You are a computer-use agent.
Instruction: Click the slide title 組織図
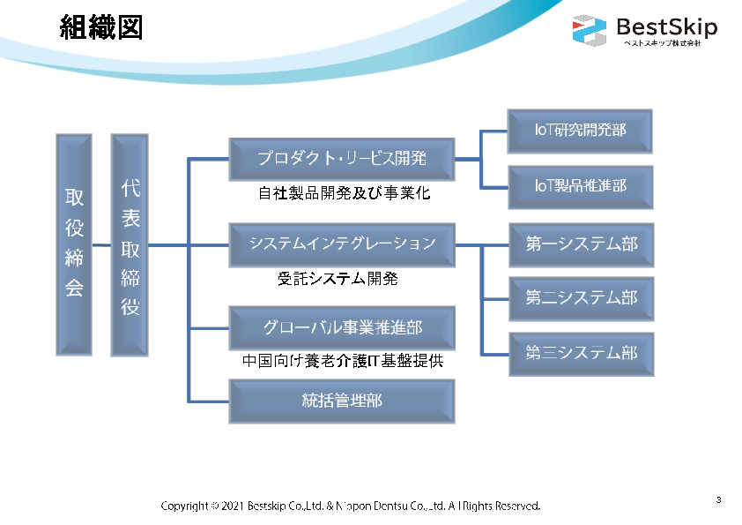(x=101, y=28)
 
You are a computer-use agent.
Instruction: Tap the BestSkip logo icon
(x=589, y=30)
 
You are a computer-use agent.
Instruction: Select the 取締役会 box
(x=74, y=244)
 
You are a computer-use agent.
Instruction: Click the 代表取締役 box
(x=130, y=244)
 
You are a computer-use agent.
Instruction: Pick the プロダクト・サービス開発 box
(x=342, y=159)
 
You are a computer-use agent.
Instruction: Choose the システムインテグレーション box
(x=342, y=244)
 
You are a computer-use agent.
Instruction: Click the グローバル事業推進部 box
(x=342, y=328)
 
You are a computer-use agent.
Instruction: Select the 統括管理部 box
(x=342, y=401)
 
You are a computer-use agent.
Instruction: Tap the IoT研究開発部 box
(x=581, y=131)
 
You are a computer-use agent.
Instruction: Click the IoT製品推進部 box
(x=581, y=186)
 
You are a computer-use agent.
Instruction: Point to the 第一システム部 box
(x=581, y=244)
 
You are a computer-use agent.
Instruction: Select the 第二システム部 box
(x=581, y=298)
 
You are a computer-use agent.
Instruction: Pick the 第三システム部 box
(x=581, y=353)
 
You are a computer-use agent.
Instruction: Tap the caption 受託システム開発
(x=338, y=279)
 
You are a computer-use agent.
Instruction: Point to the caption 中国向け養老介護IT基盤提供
(x=343, y=361)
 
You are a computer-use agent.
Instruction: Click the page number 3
(x=718, y=500)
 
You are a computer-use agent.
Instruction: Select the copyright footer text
(x=350, y=506)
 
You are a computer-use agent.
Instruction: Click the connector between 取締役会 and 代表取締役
(x=101, y=244)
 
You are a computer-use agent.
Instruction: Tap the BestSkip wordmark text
(x=666, y=26)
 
